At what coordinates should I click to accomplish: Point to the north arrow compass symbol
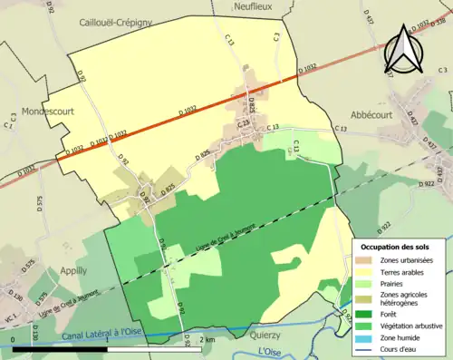pyautogui.click(x=404, y=52)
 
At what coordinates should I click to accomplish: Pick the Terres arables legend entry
pyautogui.click(x=403, y=271)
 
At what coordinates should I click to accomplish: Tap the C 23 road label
pyautogui.click(x=243, y=122)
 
